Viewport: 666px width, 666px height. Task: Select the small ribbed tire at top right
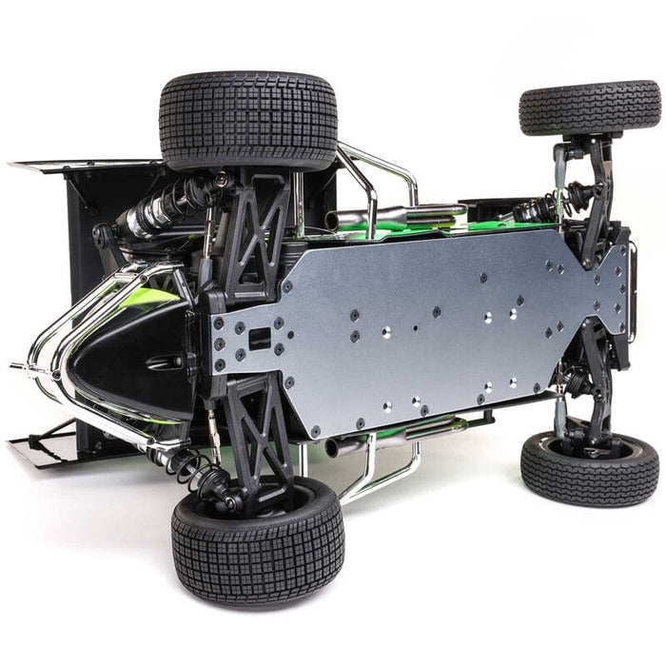[x=590, y=107]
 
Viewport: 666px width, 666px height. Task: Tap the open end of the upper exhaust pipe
[x=333, y=221]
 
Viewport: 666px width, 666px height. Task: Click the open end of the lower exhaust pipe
[x=334, y=446]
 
